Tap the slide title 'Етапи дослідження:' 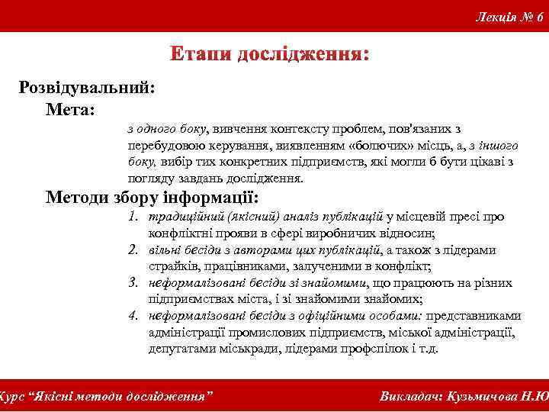coord(270,55)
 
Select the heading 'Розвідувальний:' coord(87,87)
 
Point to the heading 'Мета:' coord(70,111)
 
